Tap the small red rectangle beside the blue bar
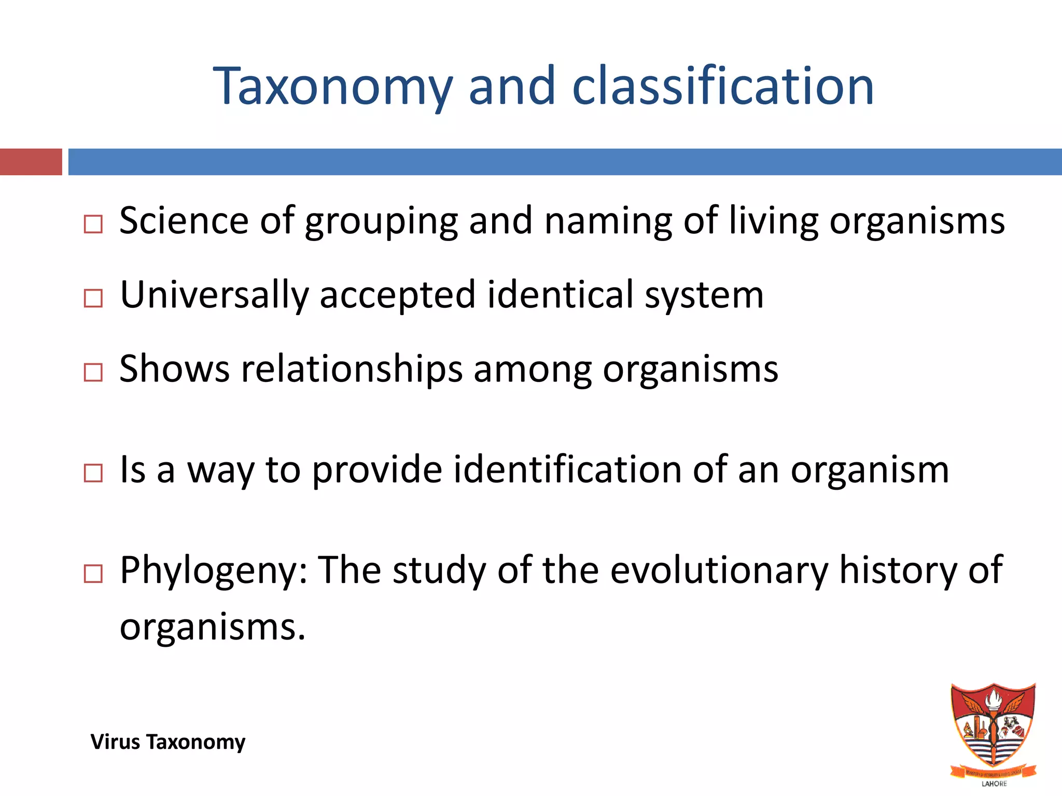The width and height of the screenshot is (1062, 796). (31, 162)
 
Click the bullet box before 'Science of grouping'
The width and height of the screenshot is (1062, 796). (93, 224)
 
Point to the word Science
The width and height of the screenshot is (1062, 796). (184, 221)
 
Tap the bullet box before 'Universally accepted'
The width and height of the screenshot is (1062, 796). (93, 298)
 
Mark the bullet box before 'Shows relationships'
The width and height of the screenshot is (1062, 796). (93, 373)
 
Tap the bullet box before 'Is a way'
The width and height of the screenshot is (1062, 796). (93, 473)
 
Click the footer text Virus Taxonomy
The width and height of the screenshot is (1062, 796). (168, 742)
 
